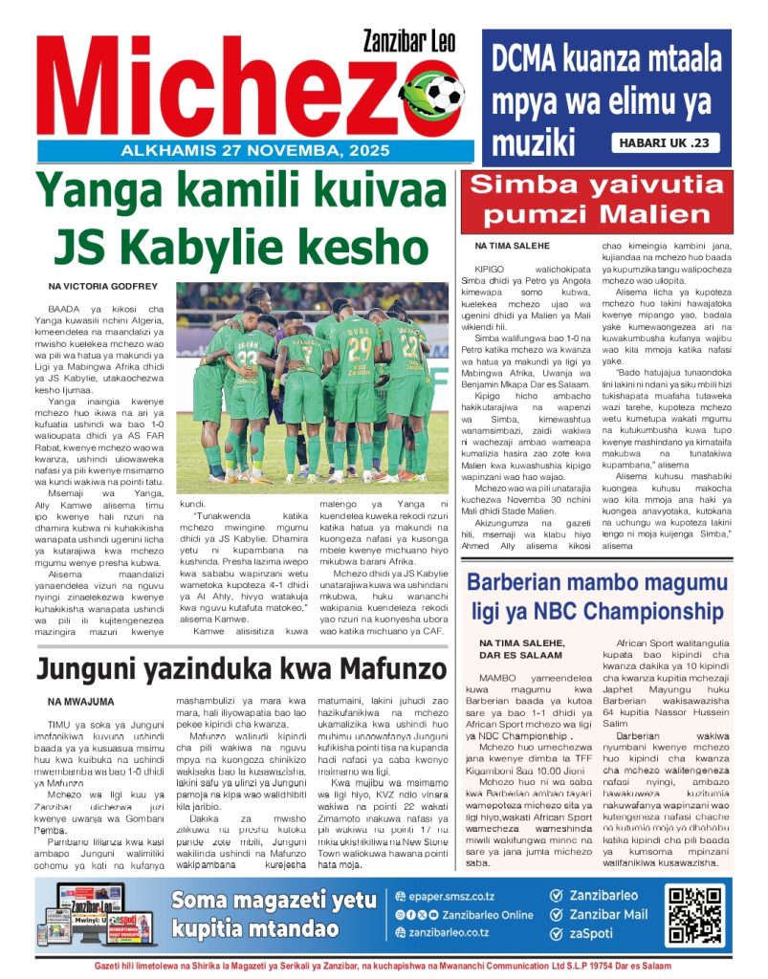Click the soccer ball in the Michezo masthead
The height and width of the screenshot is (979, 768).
(443, 94)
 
